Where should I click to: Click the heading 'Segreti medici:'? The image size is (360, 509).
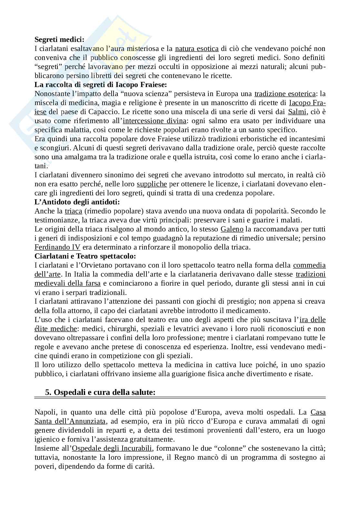pyautogui.click(x=59, y=40)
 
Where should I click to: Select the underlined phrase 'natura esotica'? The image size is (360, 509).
pyautogui.click(x=197, y=49)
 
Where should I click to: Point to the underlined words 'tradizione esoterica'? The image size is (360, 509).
pyautogui.click(x=285, y=94)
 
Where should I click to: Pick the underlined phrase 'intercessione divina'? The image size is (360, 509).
pyautogui.click(x=155, y=121)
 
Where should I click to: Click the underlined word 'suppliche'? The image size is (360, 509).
pyautogui.click(x=152, y=184)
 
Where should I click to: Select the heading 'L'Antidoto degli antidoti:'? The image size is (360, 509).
pyautogui.click(x=77, y=202)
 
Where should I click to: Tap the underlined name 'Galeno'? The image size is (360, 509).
pyautogui.click(x=232, y=229)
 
